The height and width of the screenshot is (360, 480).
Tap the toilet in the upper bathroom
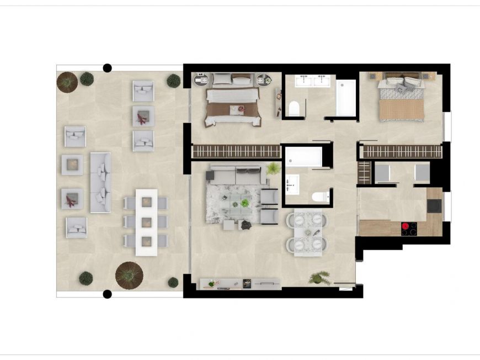[x=294, y=108]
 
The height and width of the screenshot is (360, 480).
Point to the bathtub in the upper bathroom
[x=346, y=97]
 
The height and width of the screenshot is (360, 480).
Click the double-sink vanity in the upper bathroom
[x=312, y=81]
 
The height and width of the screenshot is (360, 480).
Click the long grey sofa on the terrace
[x=100, y=183]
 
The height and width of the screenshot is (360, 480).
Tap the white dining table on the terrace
[x=146, y=222]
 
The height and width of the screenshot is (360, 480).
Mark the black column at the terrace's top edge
[x=108, y=68]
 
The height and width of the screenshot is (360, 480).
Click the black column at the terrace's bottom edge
[x=108, y=294]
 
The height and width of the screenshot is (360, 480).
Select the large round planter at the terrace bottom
[x=129, y=274]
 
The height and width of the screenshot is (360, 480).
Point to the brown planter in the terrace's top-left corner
[x=67, y=82]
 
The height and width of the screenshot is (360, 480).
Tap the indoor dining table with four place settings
[x=306, y=234]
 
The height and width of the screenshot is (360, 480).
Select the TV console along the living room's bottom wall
[x=240, y=284]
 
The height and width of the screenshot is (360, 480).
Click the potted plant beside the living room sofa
[x=273, y=168]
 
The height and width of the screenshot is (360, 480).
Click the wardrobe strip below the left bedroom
[x=236, y=152]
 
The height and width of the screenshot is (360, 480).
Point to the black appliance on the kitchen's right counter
[x=434, y=205]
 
